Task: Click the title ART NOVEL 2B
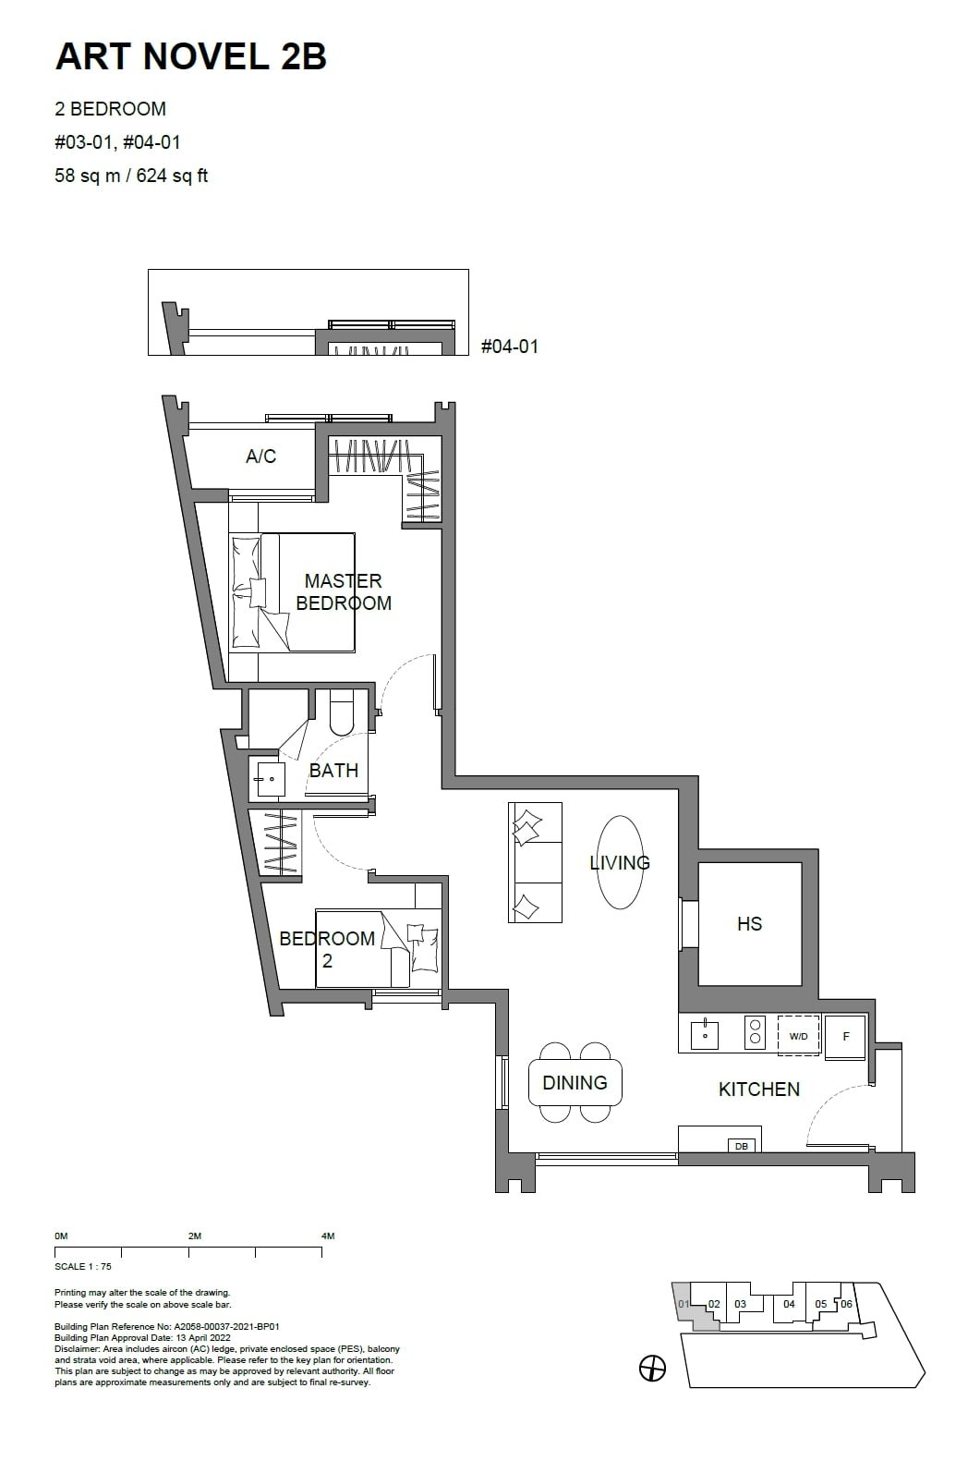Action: click(x=191, y=56)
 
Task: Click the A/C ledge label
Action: click(x=260, y=457)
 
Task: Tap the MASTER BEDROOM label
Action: click(x=343, y=591)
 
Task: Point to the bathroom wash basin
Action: click(x=272, y=779)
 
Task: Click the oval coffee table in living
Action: click(x=620, y=862)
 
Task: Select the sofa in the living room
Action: click(x=535, y=862)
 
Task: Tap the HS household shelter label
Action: click(x=749, y=923)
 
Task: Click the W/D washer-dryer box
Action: click(x=799, y=1036)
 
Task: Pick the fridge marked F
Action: click(x=845, y=1036)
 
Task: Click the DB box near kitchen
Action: click(x=741, y=1146)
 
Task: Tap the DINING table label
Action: click(x=575, y=1082)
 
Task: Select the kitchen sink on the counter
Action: click(x=705, y=1033)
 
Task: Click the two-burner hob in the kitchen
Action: click(x=755, y=1032)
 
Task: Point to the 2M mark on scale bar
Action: click(x=194, y=1236)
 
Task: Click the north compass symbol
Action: click(x=652, y=1369)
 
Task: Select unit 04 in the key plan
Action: click(x=789, y=1304)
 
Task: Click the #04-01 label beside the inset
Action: click(x=510, y=347)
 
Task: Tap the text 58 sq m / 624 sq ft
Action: click(x=131, y=176)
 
